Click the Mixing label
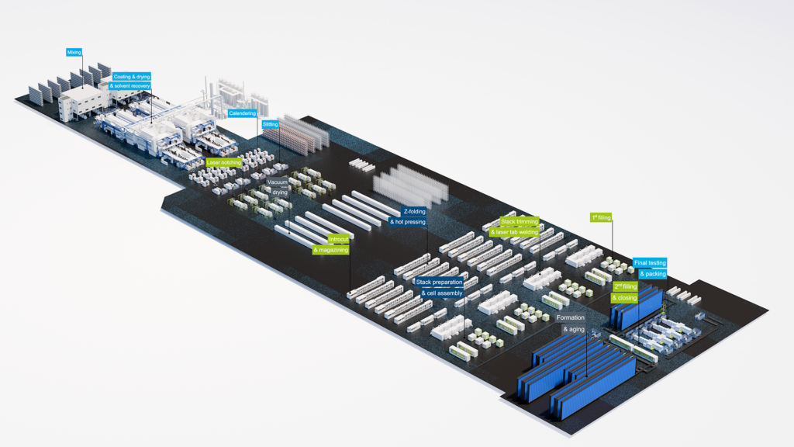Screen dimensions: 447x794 [74, 53]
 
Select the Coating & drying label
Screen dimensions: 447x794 [132, 76]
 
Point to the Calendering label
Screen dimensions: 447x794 [247, 113]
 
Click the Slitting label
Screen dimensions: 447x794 [270, 124]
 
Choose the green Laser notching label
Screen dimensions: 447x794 [224, 162]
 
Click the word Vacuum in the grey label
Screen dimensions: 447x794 [278, 182]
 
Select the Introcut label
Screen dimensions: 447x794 [338, 239]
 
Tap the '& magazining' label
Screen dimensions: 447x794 [330, 250]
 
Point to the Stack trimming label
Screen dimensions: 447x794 [519, 221]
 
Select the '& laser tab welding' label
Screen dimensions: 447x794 [514, 231]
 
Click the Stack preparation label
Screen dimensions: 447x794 [439, 282]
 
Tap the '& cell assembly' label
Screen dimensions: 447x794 [441, 293]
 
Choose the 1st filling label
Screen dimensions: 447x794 [601, 217]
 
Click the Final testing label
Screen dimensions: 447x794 [649, 263]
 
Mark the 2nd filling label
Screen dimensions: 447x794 [625, 286]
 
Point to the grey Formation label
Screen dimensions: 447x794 [570, 318]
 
